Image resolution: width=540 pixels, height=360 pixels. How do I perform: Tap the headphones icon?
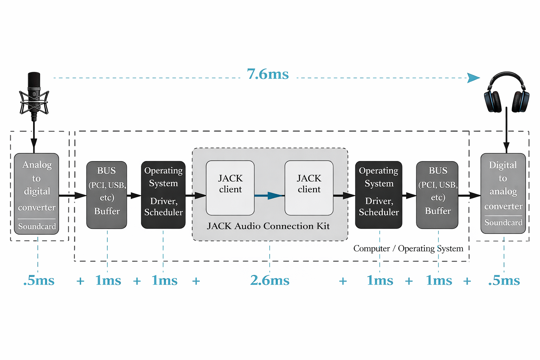pos(506,92)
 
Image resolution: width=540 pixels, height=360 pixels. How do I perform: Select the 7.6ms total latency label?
pos(268,74)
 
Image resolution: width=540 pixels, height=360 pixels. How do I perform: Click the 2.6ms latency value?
pos(270,281)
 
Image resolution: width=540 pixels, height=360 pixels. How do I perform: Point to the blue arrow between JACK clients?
pos(269,195)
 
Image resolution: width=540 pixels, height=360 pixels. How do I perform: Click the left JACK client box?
pos(230,188)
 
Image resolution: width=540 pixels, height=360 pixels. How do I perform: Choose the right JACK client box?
pos(309,188)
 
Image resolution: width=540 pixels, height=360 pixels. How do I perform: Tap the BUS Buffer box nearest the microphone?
pos(107,195)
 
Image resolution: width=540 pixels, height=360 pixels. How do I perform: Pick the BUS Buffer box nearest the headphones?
pos(437,195)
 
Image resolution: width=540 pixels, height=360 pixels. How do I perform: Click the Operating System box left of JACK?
pos(163,195)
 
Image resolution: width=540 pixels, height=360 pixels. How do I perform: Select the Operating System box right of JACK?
pos(379,195)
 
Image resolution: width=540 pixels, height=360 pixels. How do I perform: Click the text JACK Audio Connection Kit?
pos(268,226)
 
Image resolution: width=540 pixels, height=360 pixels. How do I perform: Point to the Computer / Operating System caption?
pos(408,249)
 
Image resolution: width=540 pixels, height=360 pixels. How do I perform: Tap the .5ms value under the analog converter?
pos(39,281)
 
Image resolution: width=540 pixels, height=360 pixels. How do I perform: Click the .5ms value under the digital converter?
pos(504,281)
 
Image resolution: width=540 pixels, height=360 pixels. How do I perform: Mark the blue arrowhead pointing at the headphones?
pos(474,78)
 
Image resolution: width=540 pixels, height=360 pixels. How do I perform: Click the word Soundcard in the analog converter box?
pos(37,226)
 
